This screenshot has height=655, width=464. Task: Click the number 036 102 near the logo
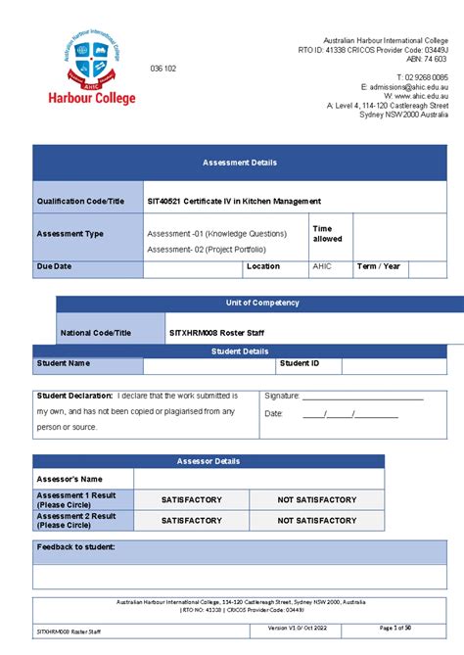pos(162,69)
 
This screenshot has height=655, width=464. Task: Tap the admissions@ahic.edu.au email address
pos(401,86)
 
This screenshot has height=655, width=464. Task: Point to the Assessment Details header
pos(240,163)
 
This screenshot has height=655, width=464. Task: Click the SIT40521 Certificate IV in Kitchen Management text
pos(233,201)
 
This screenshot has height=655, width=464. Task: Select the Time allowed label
pos(327,234)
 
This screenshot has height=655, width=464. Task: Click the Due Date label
pos(55,266)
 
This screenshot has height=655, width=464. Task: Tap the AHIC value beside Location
pos(322,266)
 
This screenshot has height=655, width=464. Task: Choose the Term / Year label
pos(379,266)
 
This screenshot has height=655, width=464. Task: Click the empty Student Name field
pos(209,364)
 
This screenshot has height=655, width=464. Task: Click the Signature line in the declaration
pos(362,398)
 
